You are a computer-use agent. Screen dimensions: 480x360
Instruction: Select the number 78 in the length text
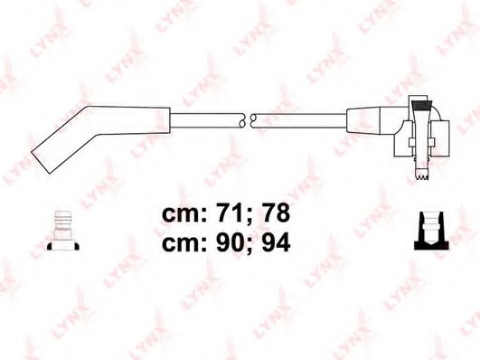[276, 213]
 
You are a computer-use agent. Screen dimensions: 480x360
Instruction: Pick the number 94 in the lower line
[276, 243]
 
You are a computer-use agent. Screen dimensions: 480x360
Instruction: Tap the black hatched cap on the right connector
[422, 106]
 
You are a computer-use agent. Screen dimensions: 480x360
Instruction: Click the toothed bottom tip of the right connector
[422, 175]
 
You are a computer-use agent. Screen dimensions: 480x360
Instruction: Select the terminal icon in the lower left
[63, 231]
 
